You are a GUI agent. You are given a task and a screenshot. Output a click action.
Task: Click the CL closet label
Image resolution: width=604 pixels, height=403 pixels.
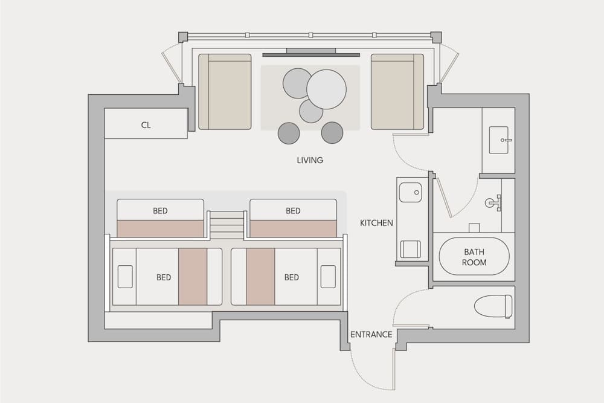(x=146, y=125)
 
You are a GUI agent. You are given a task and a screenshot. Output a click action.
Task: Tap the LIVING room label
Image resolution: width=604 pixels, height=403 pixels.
(x=310, y=160)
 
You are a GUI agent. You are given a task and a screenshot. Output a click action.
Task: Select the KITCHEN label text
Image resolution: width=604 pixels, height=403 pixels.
(x=376, y=223)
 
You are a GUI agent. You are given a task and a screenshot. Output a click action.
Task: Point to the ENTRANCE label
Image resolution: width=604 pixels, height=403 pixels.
(x=371, y=334)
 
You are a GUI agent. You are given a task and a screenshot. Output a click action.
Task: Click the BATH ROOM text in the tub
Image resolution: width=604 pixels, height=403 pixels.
(x=474, y=257)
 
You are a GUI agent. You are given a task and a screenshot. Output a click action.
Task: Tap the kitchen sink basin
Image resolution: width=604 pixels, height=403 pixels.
(x=410, y=193)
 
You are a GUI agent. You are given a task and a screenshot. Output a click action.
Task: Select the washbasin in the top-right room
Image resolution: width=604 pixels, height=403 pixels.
(x=499, y=140)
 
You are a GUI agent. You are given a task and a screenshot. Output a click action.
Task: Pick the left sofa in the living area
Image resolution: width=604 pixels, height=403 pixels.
(x=225, y=92)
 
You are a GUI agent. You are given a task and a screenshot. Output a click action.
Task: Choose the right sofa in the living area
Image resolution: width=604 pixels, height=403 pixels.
(x=397, y=92)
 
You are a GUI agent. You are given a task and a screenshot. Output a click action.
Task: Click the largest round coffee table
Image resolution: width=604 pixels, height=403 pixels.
(x=326, y=89)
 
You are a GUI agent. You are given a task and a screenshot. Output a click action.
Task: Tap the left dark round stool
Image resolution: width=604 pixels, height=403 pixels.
(x=289, y=133)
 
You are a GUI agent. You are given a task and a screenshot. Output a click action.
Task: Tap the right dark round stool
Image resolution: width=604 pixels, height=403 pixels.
(x=332, y=133)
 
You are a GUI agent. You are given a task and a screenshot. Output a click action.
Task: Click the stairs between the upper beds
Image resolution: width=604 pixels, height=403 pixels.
(x=227, y=225)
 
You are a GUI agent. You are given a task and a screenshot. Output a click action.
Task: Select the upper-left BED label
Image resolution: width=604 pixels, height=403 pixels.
(x=160, y=211)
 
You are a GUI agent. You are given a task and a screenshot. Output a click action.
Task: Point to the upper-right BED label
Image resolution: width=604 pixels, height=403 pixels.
(x=293, y=211)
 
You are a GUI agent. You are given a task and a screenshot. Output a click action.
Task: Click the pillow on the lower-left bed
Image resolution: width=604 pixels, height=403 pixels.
(x=125, y=276)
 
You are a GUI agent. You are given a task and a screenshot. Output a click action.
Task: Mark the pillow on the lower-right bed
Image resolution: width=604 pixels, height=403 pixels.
(x=329, y=276)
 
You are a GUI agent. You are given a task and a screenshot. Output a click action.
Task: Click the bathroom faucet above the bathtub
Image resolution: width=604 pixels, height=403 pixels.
(x=493, y=202)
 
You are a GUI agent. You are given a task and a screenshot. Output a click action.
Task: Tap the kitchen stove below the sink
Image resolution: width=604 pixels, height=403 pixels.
(x=411, y=248)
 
